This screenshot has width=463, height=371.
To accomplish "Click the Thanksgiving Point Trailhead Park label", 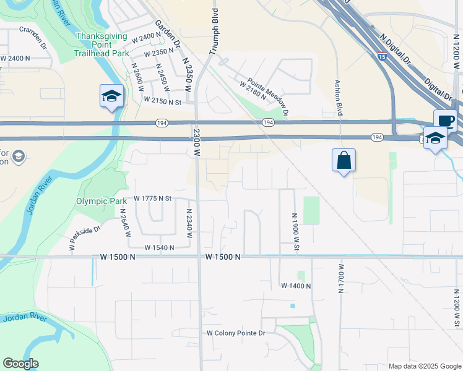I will click(x=101, y=44).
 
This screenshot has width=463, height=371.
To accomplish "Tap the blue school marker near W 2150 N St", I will click(x=111, y=96).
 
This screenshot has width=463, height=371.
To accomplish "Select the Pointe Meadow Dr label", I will click(x=269, y=96).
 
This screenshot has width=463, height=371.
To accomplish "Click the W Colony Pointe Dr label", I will click(x=235, y=333).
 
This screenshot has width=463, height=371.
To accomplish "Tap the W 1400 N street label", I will click(x=295, y=286).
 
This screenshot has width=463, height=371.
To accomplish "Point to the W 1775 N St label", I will click(x=152, y=199).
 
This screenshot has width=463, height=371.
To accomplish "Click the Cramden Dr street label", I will click(x=33, y=37).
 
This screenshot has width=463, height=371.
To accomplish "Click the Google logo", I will click(x=20, y=364).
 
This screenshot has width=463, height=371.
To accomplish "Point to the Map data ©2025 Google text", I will click(x=424, y=366).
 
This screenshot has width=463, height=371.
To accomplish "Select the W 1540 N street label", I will click(x=160, y=247).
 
